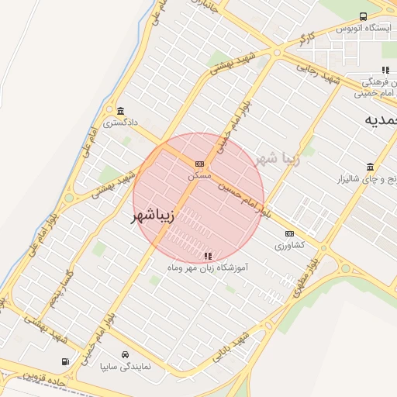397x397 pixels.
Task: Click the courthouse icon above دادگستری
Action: [x=120, y=110]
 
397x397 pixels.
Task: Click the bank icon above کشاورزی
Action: [x=290, y=233]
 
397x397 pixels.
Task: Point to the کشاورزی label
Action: [x=290, y=245]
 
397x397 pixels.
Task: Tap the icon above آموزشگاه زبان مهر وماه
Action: [x=207, y=255]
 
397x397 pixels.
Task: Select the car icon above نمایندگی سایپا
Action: [x=115, y=354]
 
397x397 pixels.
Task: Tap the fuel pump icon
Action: [x=65, y=361]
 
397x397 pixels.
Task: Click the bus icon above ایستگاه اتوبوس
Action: [x=363, y=16]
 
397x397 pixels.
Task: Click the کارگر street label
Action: [x=308, y=38]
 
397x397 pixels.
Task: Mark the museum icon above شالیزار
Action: [x=370, y=167]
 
